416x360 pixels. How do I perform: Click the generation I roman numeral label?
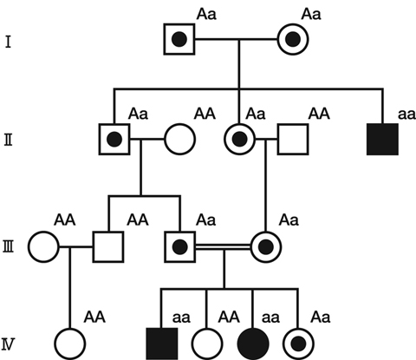point(8,42)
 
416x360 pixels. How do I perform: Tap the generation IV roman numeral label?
point(8,345)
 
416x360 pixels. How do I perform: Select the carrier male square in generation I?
point(179,39)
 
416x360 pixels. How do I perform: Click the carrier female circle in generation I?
point(293,39)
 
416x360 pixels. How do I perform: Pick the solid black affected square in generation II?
point(382,140)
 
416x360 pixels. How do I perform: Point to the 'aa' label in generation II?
point(406,115)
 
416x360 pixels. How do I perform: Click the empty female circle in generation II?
point(179,140)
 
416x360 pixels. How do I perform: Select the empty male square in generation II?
point(293,140)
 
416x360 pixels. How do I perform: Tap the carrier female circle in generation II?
point(240,140)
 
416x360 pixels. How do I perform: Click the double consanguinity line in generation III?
point(223,246)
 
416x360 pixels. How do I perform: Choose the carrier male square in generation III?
point(179,247)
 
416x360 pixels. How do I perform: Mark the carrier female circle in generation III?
point(266,247)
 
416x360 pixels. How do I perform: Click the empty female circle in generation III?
point(44,247)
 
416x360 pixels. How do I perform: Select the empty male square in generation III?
point(108,247)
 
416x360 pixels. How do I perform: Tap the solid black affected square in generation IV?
point(162,344)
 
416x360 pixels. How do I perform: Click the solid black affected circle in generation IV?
point(253,344)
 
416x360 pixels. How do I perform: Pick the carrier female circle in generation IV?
point(298,344)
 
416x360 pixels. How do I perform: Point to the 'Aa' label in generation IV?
point(321,317)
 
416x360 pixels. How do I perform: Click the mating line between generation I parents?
point(237,39)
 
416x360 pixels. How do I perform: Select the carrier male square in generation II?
point(114,140)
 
